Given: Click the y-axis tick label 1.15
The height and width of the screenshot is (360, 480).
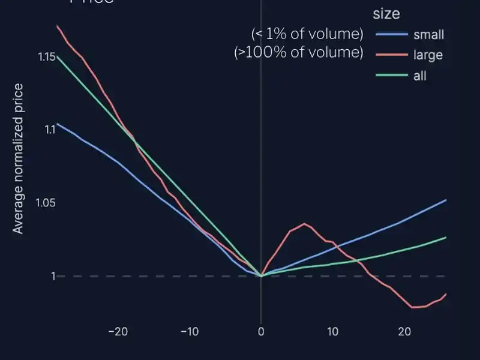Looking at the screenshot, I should pos(46,57).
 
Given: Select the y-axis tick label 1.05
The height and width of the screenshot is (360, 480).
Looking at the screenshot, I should pos(46,203).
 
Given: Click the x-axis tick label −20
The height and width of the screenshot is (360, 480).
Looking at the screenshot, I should pos(118,332).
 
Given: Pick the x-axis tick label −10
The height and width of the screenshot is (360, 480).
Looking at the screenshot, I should pos(190,332).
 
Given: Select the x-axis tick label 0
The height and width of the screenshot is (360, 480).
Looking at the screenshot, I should pos(260,332).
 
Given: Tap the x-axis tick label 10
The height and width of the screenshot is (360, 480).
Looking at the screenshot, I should pos(332,332).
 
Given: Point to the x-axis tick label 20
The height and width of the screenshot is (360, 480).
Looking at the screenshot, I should pos(404,332).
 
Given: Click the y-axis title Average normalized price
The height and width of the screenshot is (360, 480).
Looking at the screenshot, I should pos(19,159).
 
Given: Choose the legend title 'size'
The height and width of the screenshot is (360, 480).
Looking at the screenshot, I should pos(386,13).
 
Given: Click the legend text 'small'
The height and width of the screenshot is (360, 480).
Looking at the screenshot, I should pos(429,35).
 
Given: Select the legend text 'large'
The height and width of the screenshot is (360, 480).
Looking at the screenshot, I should pos(428,55).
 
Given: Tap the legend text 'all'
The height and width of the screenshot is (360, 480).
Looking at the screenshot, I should pos(420,76).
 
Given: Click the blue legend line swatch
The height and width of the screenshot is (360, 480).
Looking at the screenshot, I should pos(391,35).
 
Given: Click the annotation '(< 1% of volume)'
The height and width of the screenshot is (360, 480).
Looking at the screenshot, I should pos(307,33).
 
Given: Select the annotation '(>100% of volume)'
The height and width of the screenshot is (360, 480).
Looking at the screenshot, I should pos(299,52).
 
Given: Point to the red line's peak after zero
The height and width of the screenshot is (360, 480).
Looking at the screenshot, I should pos(304,224).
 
